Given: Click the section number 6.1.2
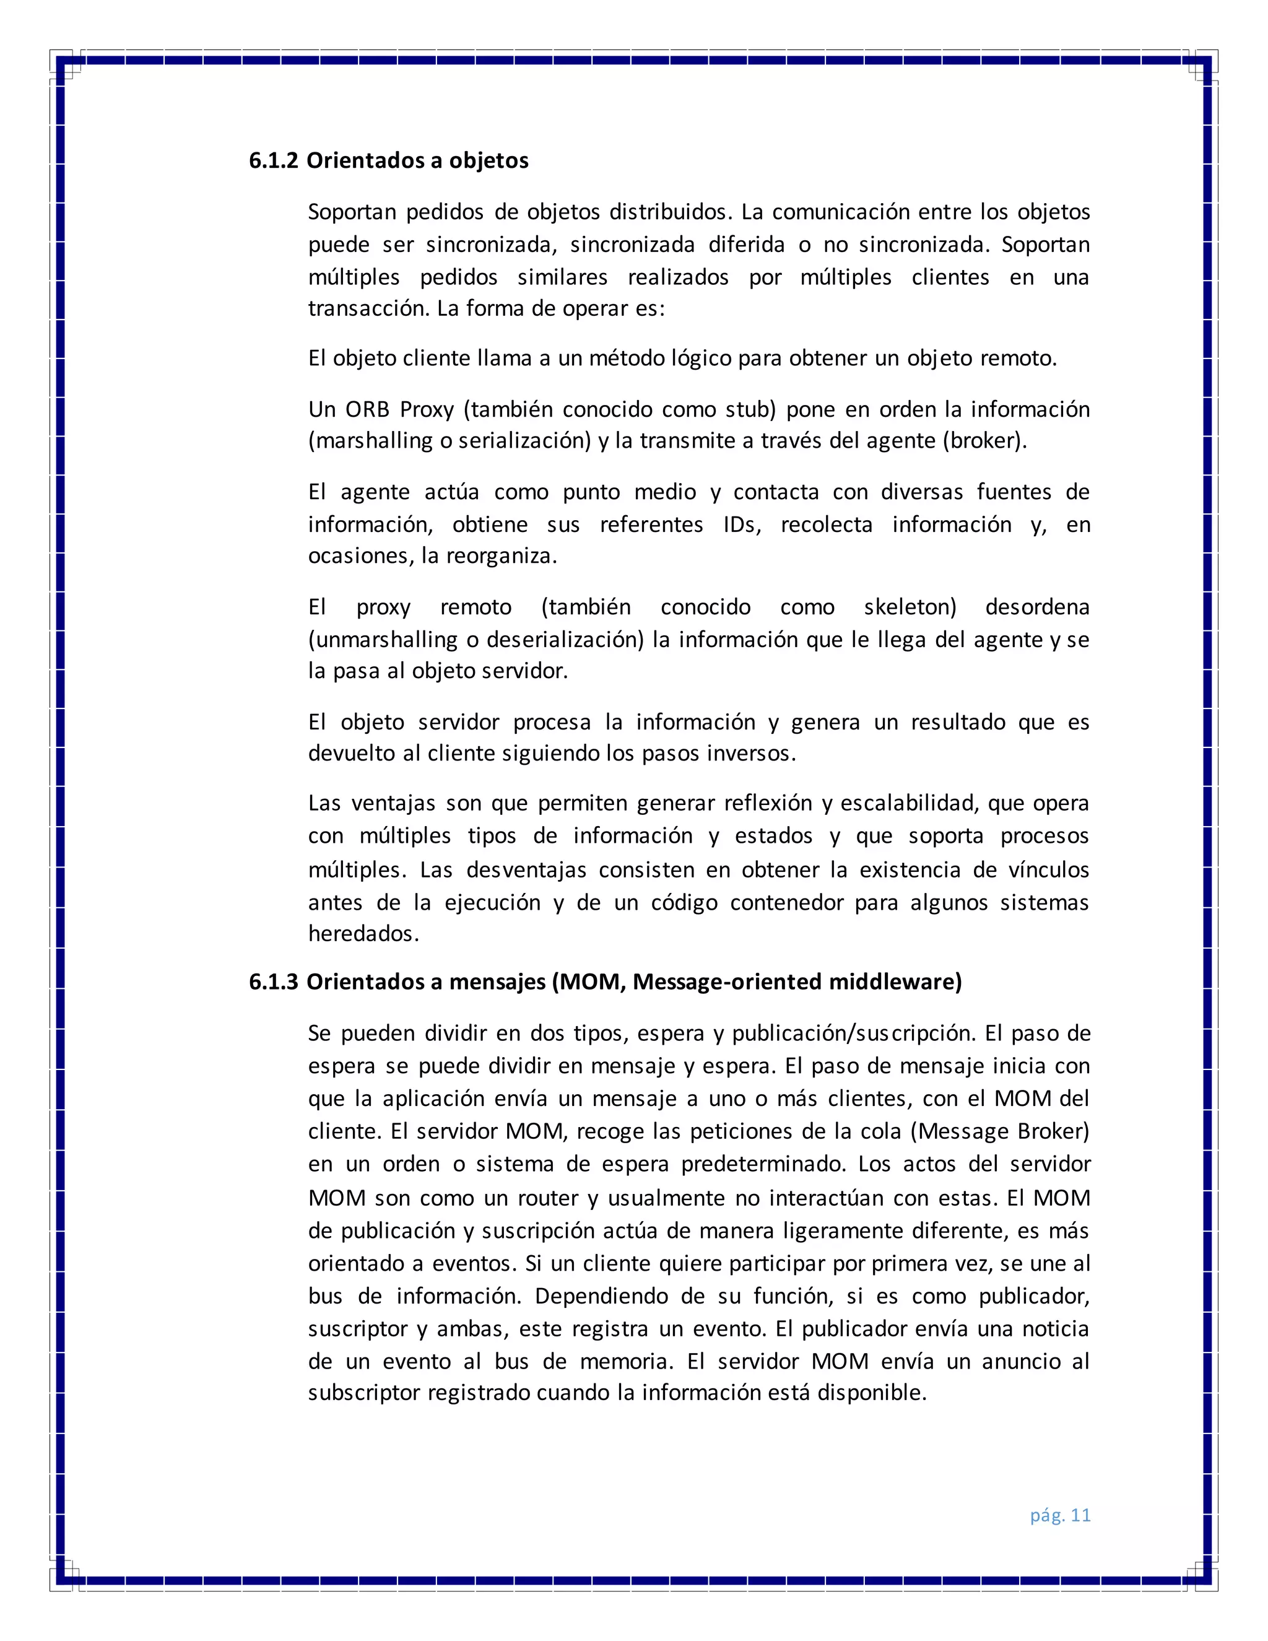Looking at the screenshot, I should [x=274, y=161].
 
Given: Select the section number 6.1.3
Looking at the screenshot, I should [x=274, y=982].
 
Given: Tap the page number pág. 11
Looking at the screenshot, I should [x=1060, y=1515].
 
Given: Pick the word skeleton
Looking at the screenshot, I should [x=909, y=607].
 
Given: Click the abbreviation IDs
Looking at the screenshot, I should [x=741, y=525].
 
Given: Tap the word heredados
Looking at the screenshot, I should [x=363, y=934].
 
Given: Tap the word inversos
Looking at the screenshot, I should [x=750, y=754].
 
